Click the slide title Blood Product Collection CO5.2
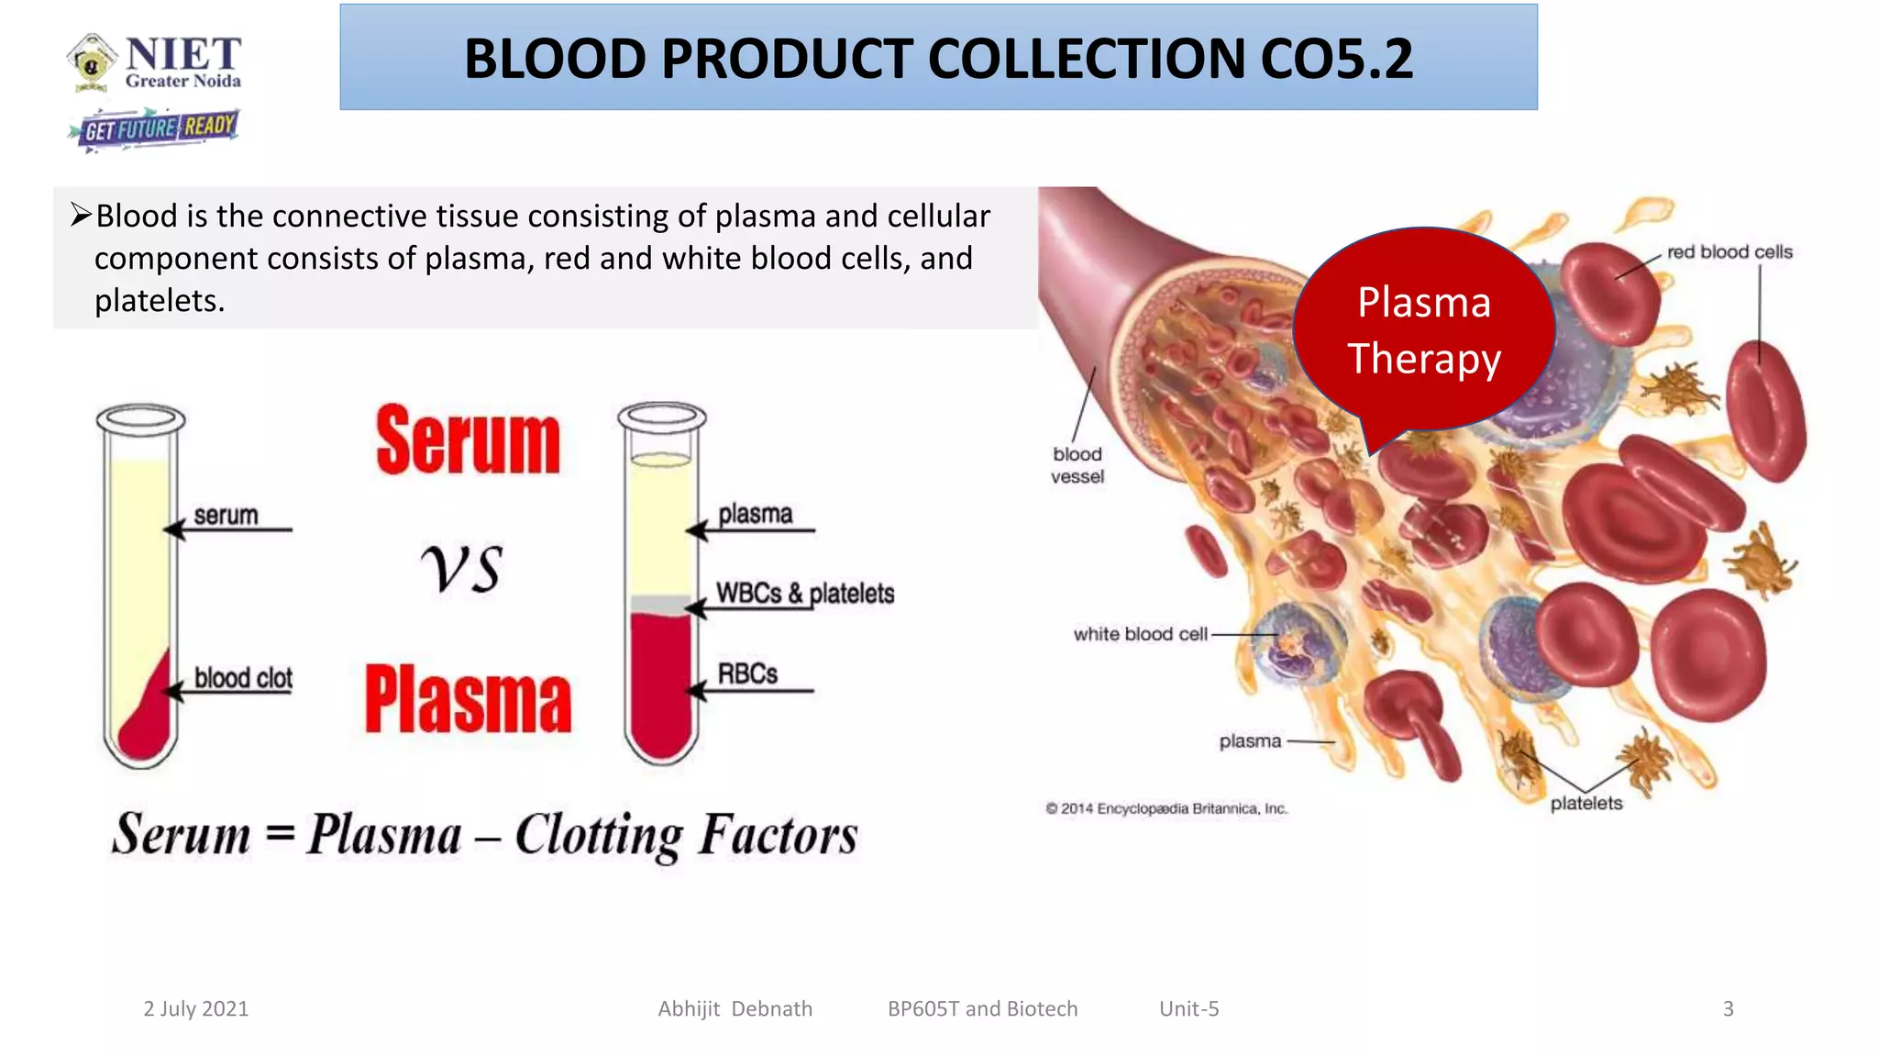tap(938, 58)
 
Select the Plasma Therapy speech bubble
tap(1423, 330)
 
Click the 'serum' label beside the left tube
tap(226, 516)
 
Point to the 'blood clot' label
tap(243, 678)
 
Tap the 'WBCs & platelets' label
tap(805, 594)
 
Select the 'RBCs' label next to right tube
tap(747, 674)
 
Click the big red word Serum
tap(468, 442)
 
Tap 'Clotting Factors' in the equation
tap(686, 835)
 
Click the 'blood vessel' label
tap(1077, 465)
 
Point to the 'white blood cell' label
tap(1140, 634)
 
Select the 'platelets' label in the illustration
tap(1585, 803)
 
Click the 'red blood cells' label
tap(1729, 252)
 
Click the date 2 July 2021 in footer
tap(196, 1008)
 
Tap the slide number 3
tap(1728, 1008)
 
